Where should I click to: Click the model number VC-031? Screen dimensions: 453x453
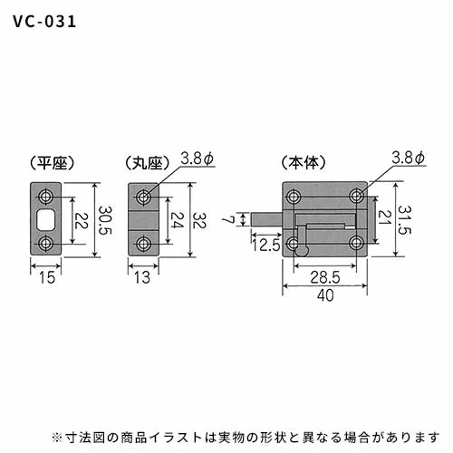pos(44,22)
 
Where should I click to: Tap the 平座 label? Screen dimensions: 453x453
pos(53,163)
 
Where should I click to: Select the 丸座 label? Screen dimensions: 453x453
pos(148,163)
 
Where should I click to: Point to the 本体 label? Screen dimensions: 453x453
pos(304,163)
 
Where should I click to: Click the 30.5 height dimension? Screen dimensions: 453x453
pos(106,220)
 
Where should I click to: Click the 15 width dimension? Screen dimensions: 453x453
pos(47,277)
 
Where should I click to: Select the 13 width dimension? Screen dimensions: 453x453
pos(142,277)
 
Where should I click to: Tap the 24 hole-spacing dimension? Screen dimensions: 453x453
pos(178,220)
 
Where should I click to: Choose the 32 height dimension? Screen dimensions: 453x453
pos(199,220)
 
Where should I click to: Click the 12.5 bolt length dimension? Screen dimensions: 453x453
pos(266,245)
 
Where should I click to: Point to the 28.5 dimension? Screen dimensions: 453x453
pos(325,277)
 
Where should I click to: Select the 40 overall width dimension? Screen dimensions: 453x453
pos(325,295)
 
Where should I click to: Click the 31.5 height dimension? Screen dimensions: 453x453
pos(404,220)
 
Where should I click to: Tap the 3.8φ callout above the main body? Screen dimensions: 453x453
pos(409,158)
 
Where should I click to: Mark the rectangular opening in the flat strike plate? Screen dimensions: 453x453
pos(46,219)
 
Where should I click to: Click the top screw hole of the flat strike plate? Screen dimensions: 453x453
pos(46,197)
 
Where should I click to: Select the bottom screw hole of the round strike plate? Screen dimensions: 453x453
pos(144,244)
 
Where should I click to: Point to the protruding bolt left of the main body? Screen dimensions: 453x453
pos(267,219)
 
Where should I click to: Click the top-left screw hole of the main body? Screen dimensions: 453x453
pos(293,197)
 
